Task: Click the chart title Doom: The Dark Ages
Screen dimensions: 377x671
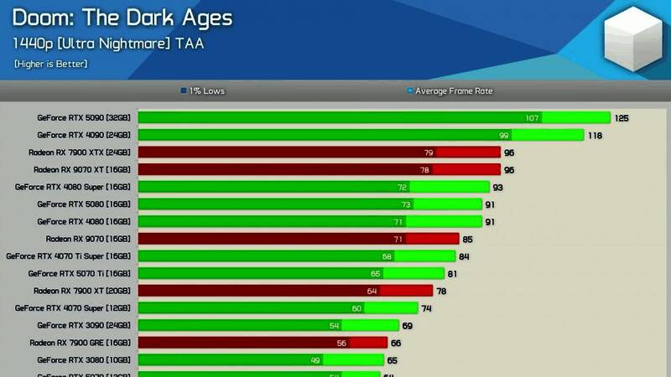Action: [122, 18]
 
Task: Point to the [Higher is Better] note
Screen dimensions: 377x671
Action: [50, 64]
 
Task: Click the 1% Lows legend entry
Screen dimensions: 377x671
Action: [203, 90]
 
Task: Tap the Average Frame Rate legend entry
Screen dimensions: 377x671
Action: [450, 90]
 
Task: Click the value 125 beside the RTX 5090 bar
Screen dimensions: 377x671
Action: [622, 118]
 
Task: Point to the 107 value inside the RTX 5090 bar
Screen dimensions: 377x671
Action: [532, 118]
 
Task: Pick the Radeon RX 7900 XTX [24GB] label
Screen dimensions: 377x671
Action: [79, 152]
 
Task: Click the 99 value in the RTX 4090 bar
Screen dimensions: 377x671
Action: [504, 135]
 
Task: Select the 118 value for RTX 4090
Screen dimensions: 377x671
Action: [595, 135]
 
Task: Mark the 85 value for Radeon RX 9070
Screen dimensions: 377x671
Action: [467, 239]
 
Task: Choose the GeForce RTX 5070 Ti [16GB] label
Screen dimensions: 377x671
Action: [79, 273]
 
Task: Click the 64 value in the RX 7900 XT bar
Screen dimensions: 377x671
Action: [372, 291]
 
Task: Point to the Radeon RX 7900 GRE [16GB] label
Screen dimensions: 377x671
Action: [80, 343]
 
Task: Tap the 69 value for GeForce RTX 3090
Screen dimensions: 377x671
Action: [407, 325]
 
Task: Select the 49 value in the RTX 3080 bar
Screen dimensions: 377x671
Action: [315, 359]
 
